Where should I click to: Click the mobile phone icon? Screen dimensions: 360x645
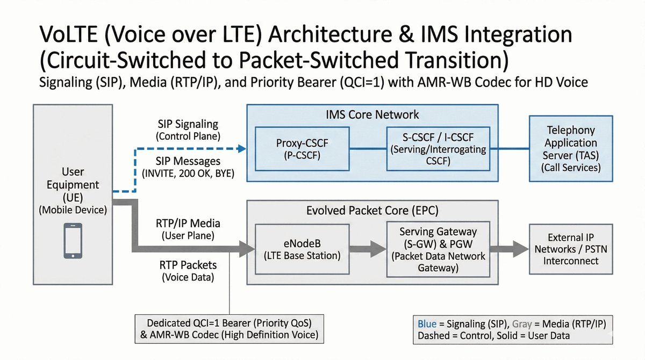click(73, 236)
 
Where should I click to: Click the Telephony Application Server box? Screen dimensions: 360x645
click(571, 149)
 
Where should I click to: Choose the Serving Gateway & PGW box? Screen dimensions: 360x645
click(438, 249)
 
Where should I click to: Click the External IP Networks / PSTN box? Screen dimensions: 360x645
click(571, 249)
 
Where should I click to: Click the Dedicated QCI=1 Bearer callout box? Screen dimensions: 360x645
click(230, 329)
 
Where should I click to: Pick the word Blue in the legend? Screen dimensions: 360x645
click(428, 324)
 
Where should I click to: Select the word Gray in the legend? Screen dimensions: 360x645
click(522, 324)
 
